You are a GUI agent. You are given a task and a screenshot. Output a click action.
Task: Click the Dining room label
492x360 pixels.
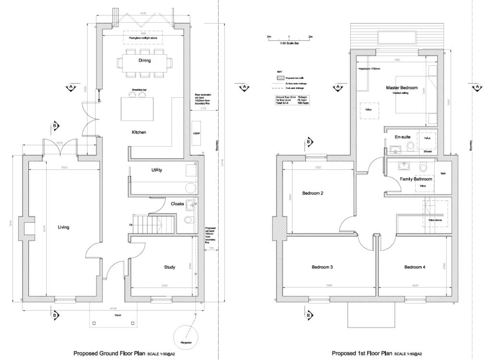145,61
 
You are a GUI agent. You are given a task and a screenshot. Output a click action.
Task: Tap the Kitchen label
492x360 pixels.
139,132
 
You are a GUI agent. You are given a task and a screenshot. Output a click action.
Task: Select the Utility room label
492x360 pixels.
157,170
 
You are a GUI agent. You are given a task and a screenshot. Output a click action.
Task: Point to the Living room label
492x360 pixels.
63,227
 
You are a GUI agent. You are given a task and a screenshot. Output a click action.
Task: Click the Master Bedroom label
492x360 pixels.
402,88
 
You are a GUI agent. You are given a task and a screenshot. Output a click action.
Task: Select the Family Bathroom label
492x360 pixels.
416,179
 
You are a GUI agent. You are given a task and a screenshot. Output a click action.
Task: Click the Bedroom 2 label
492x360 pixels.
312,194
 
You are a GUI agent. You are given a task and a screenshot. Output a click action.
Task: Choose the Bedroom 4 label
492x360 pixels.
414,267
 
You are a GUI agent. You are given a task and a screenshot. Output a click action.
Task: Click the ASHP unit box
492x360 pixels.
197,133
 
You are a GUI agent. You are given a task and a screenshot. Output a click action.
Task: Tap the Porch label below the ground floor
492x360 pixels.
118,315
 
